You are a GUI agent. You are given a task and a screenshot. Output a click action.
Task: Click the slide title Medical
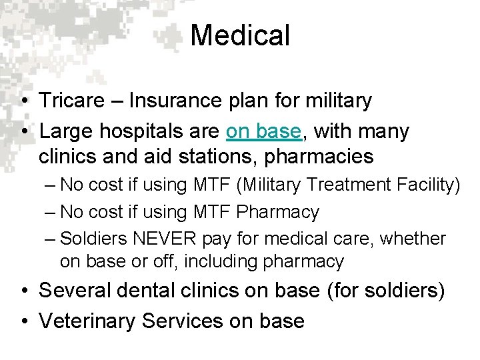pyautogui.click(x=240, y=35)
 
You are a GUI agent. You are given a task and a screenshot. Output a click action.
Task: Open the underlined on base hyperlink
pyautogui.click(x=264, y=132)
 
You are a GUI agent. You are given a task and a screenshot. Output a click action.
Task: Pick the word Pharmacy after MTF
pyautogui.click(x=278, y=213)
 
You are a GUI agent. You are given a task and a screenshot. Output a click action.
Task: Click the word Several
pyautogui.click(x=75, y=291)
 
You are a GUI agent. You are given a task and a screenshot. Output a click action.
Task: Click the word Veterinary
pyautogui.click(x=87, y=321)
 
